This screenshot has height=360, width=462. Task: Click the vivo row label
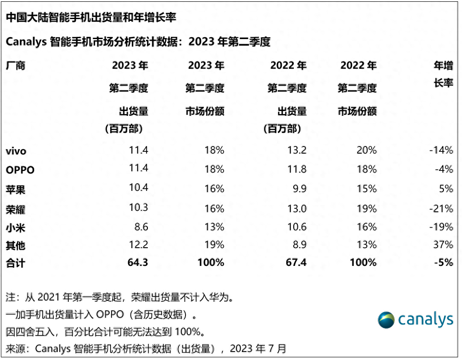[16, 151]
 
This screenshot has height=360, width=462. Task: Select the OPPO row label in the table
[20, 170]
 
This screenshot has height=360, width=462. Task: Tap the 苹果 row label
[16, 190]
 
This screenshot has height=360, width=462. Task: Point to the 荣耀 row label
[16, 209]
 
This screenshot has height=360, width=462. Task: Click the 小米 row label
[16, 227]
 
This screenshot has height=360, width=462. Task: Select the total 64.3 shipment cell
[137, 262]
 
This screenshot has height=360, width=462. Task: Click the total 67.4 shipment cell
[295, 262]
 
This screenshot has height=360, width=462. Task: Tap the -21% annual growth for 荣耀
[441, 208]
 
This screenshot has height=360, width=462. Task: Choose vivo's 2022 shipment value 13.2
[296, 150]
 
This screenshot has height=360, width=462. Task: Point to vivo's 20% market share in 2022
[366, 150]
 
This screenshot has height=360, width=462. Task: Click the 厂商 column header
[16, 66]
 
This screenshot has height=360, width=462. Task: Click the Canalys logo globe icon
[386, 320]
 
